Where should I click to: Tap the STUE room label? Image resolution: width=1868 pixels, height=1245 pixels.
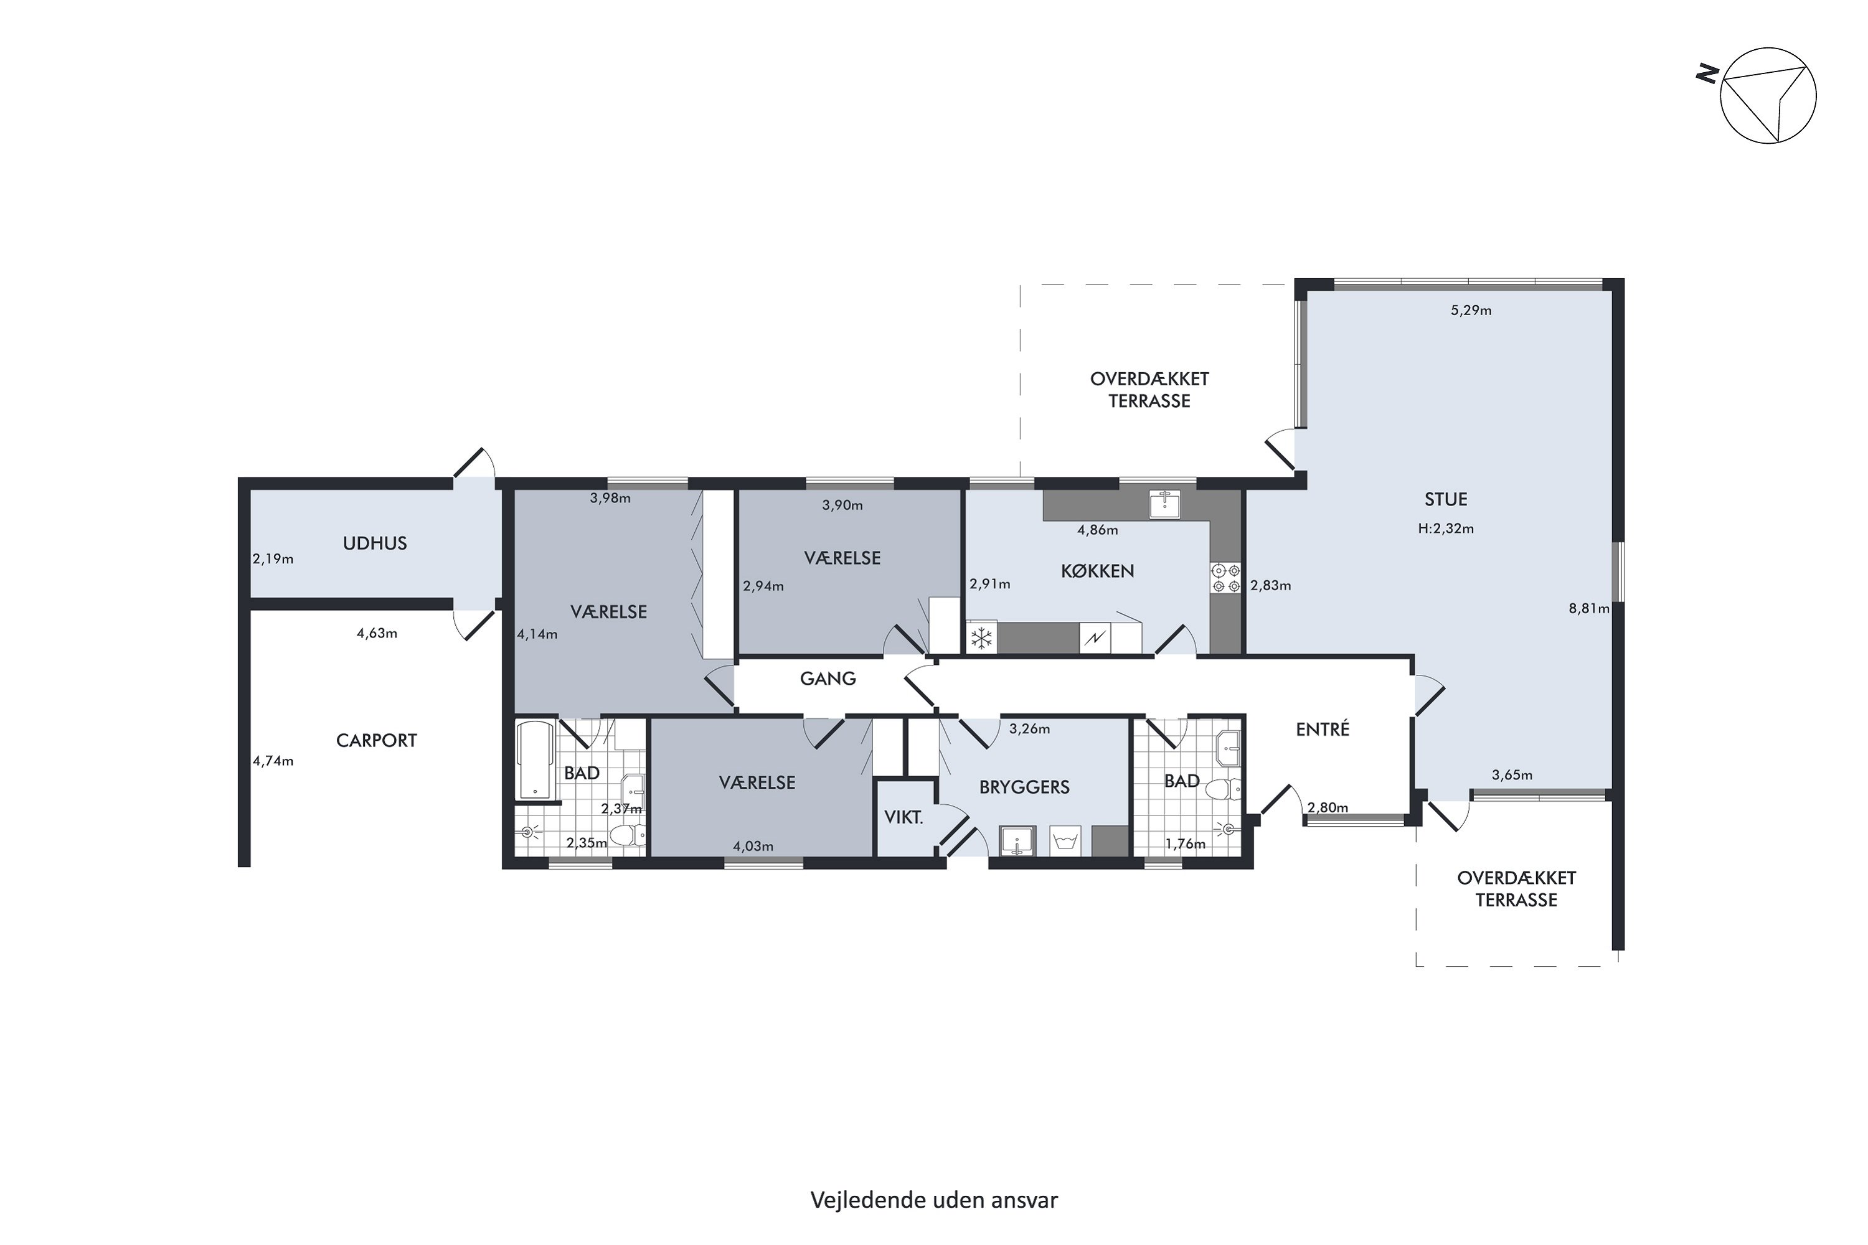click(1445, 499)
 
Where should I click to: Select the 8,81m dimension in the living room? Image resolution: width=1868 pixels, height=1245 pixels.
click(1588, 609)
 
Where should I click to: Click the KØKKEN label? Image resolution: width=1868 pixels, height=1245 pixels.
click(1097, 571)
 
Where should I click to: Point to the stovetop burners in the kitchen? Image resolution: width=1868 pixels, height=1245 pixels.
click(1225, 578)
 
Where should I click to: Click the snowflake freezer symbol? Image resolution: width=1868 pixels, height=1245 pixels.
click(982, 637)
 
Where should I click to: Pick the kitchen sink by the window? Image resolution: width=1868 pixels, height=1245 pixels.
click(1164, 504)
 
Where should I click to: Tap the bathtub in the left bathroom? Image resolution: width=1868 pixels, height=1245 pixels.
click(535, 760)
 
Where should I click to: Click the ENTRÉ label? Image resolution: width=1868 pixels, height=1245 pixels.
click(1323, 729)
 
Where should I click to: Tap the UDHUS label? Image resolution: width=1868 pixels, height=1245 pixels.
click(375, 543)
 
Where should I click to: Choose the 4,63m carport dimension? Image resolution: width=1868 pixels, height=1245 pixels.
click(377, 634)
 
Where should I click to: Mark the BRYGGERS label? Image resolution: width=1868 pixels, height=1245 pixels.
click(1024, 787)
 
